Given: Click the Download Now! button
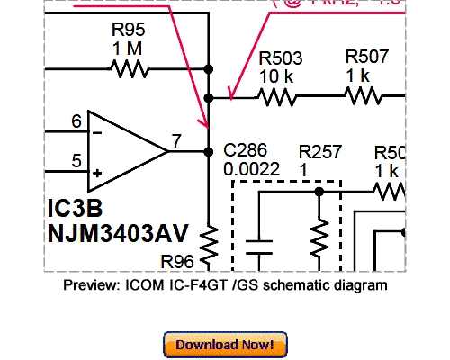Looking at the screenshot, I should click(225, 344).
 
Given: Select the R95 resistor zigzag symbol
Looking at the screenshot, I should click(129, 68).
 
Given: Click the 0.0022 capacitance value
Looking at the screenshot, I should click(251, 168).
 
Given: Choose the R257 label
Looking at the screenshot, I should click(320, 150).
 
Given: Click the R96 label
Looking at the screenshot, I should click(177, 262).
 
